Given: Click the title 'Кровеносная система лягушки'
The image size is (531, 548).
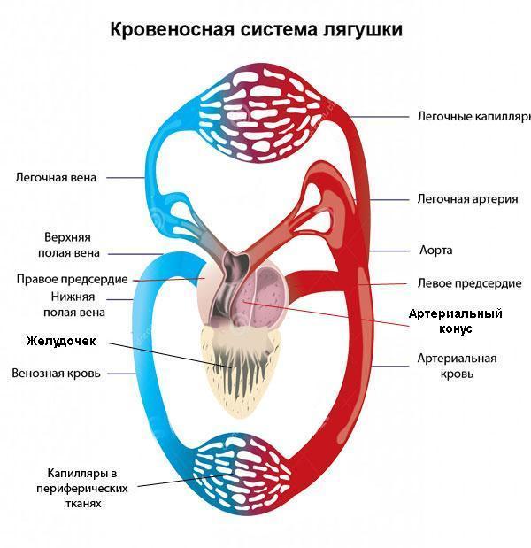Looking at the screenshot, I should click(256, 30).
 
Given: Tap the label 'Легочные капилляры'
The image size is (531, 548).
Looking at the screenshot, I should click(473, 116).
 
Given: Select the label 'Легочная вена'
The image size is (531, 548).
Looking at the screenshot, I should click(56, 177).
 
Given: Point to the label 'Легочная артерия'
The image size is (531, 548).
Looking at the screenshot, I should click(467, 199).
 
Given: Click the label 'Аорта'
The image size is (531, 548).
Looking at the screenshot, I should click(435, 251).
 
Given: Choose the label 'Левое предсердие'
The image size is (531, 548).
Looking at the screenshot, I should click(469, 284).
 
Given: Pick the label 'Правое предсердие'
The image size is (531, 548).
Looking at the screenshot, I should click(73, 279).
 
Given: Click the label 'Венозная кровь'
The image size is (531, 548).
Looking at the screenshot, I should click(56, 374).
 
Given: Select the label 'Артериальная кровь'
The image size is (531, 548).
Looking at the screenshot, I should click(457, 366).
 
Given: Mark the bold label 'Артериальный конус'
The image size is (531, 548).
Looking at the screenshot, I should click(455, 320).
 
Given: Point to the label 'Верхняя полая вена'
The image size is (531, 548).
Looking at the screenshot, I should click(67, 245).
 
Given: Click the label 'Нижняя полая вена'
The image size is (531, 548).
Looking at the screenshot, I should click(73, 305).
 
